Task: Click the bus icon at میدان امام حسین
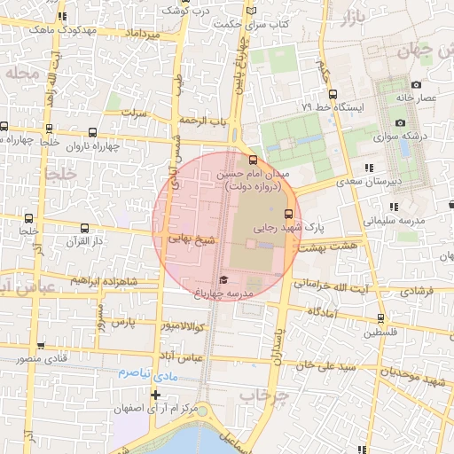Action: point(254,160)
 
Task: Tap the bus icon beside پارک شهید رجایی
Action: point(287,214)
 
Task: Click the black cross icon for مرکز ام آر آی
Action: point(156,395)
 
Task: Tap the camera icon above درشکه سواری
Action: point(400,122)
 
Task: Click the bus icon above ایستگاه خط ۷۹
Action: point(333,94)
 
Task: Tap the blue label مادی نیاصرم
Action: point(142,373)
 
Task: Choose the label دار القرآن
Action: point(87,240)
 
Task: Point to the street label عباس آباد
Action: point(177,357)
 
